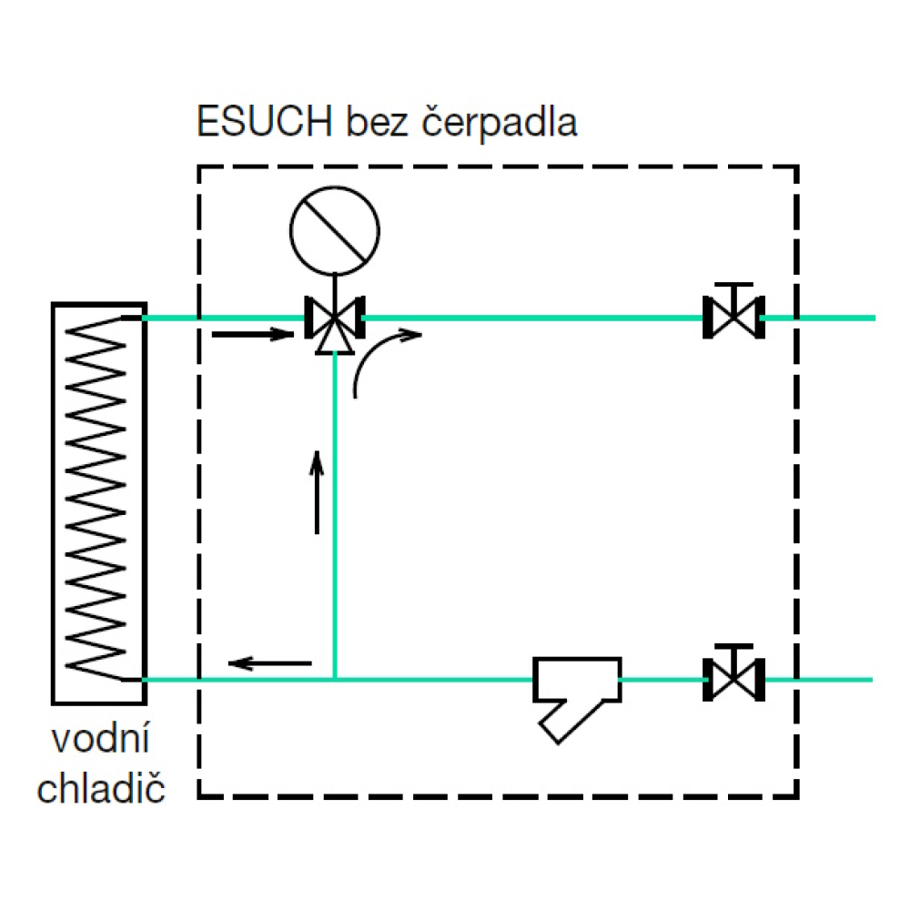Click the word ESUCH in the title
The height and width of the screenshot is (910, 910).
pyautogui.click(x=265, y=121)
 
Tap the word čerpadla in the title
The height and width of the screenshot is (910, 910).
pyautogui.click(x=499, y=123)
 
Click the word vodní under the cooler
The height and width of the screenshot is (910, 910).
pyautogui.click(x=100, y=738)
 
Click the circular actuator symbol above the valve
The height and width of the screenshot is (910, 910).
pyautogui.click(x=335, y=231)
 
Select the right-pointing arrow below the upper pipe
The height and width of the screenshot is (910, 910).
pyautogui.click(x=253, y=334)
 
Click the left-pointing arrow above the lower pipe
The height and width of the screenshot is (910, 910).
pyautogui.click(x=270, y=662)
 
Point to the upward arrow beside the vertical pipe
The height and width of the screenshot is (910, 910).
pyautogui.click(x=317, y=492)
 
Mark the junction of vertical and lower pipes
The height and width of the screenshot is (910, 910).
pyautogui.click(x=335, y=680)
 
